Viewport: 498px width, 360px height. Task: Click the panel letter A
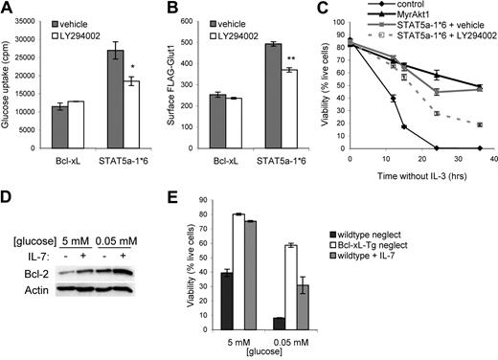[x=9, y=10]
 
